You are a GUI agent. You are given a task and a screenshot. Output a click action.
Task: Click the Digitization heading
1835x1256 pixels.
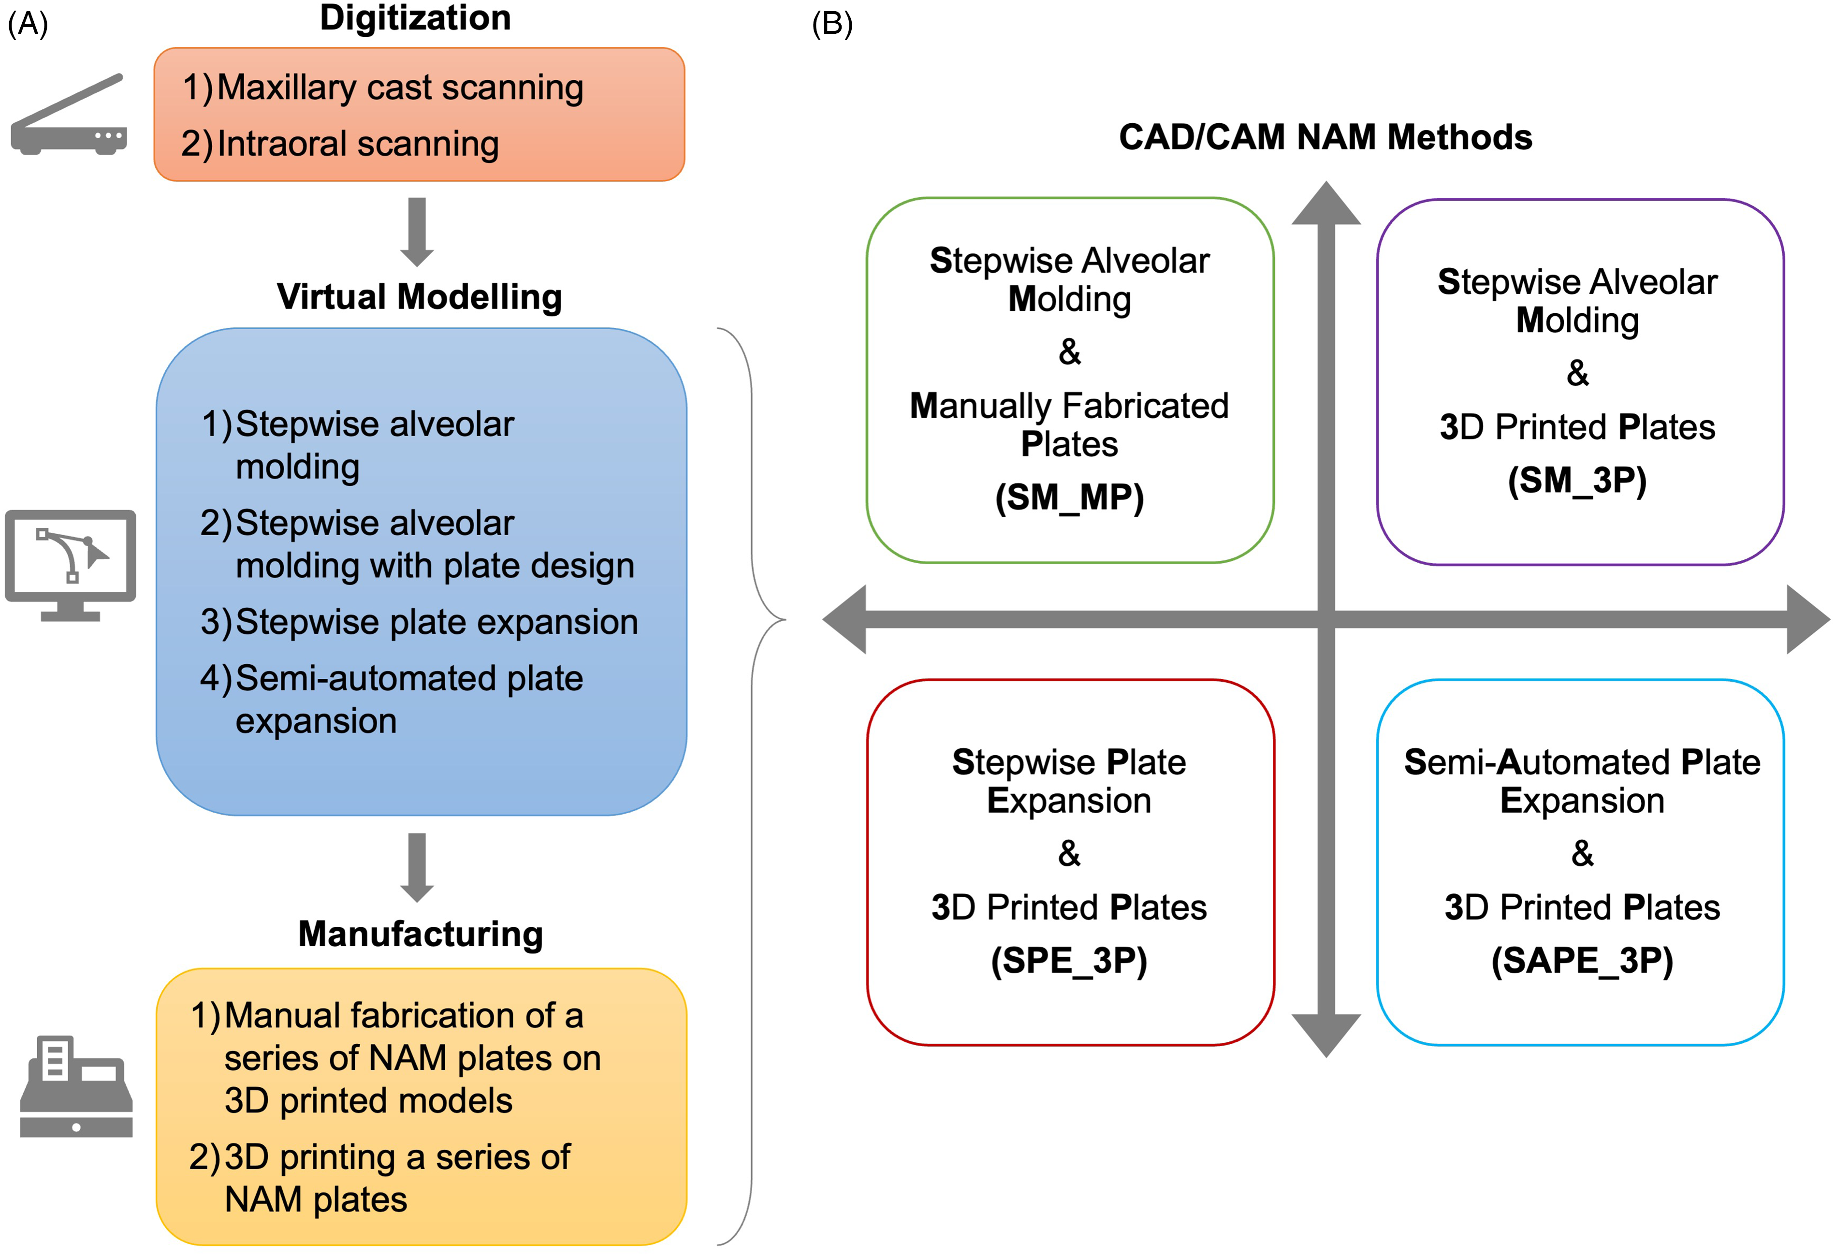click(x=415, y=17)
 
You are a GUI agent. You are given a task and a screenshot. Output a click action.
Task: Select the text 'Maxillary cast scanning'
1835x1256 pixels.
click(x=400, y=88)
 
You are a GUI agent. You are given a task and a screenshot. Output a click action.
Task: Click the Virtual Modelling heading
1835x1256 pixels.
click(x=419, y=297)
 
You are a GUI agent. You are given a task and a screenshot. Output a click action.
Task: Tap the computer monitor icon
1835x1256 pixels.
click(x=70, y=565)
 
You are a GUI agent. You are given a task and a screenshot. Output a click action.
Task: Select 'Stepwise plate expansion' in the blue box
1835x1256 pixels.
click(x=437, y=622)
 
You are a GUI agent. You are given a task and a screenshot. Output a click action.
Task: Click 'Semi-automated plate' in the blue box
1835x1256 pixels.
click(x=409, y=679)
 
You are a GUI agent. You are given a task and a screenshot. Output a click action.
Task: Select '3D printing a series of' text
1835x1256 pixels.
click(x=397, y=1157)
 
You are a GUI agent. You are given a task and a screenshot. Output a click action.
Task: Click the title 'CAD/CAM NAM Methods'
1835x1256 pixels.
click(x=1325, y=137)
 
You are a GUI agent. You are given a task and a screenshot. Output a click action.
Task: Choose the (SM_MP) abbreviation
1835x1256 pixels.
click(x=1070, y=498)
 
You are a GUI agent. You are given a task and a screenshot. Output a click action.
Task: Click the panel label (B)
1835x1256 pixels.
click(x=832, y=25)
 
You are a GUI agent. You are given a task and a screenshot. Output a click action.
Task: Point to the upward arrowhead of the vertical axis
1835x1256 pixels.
click(x=1326, y=204)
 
